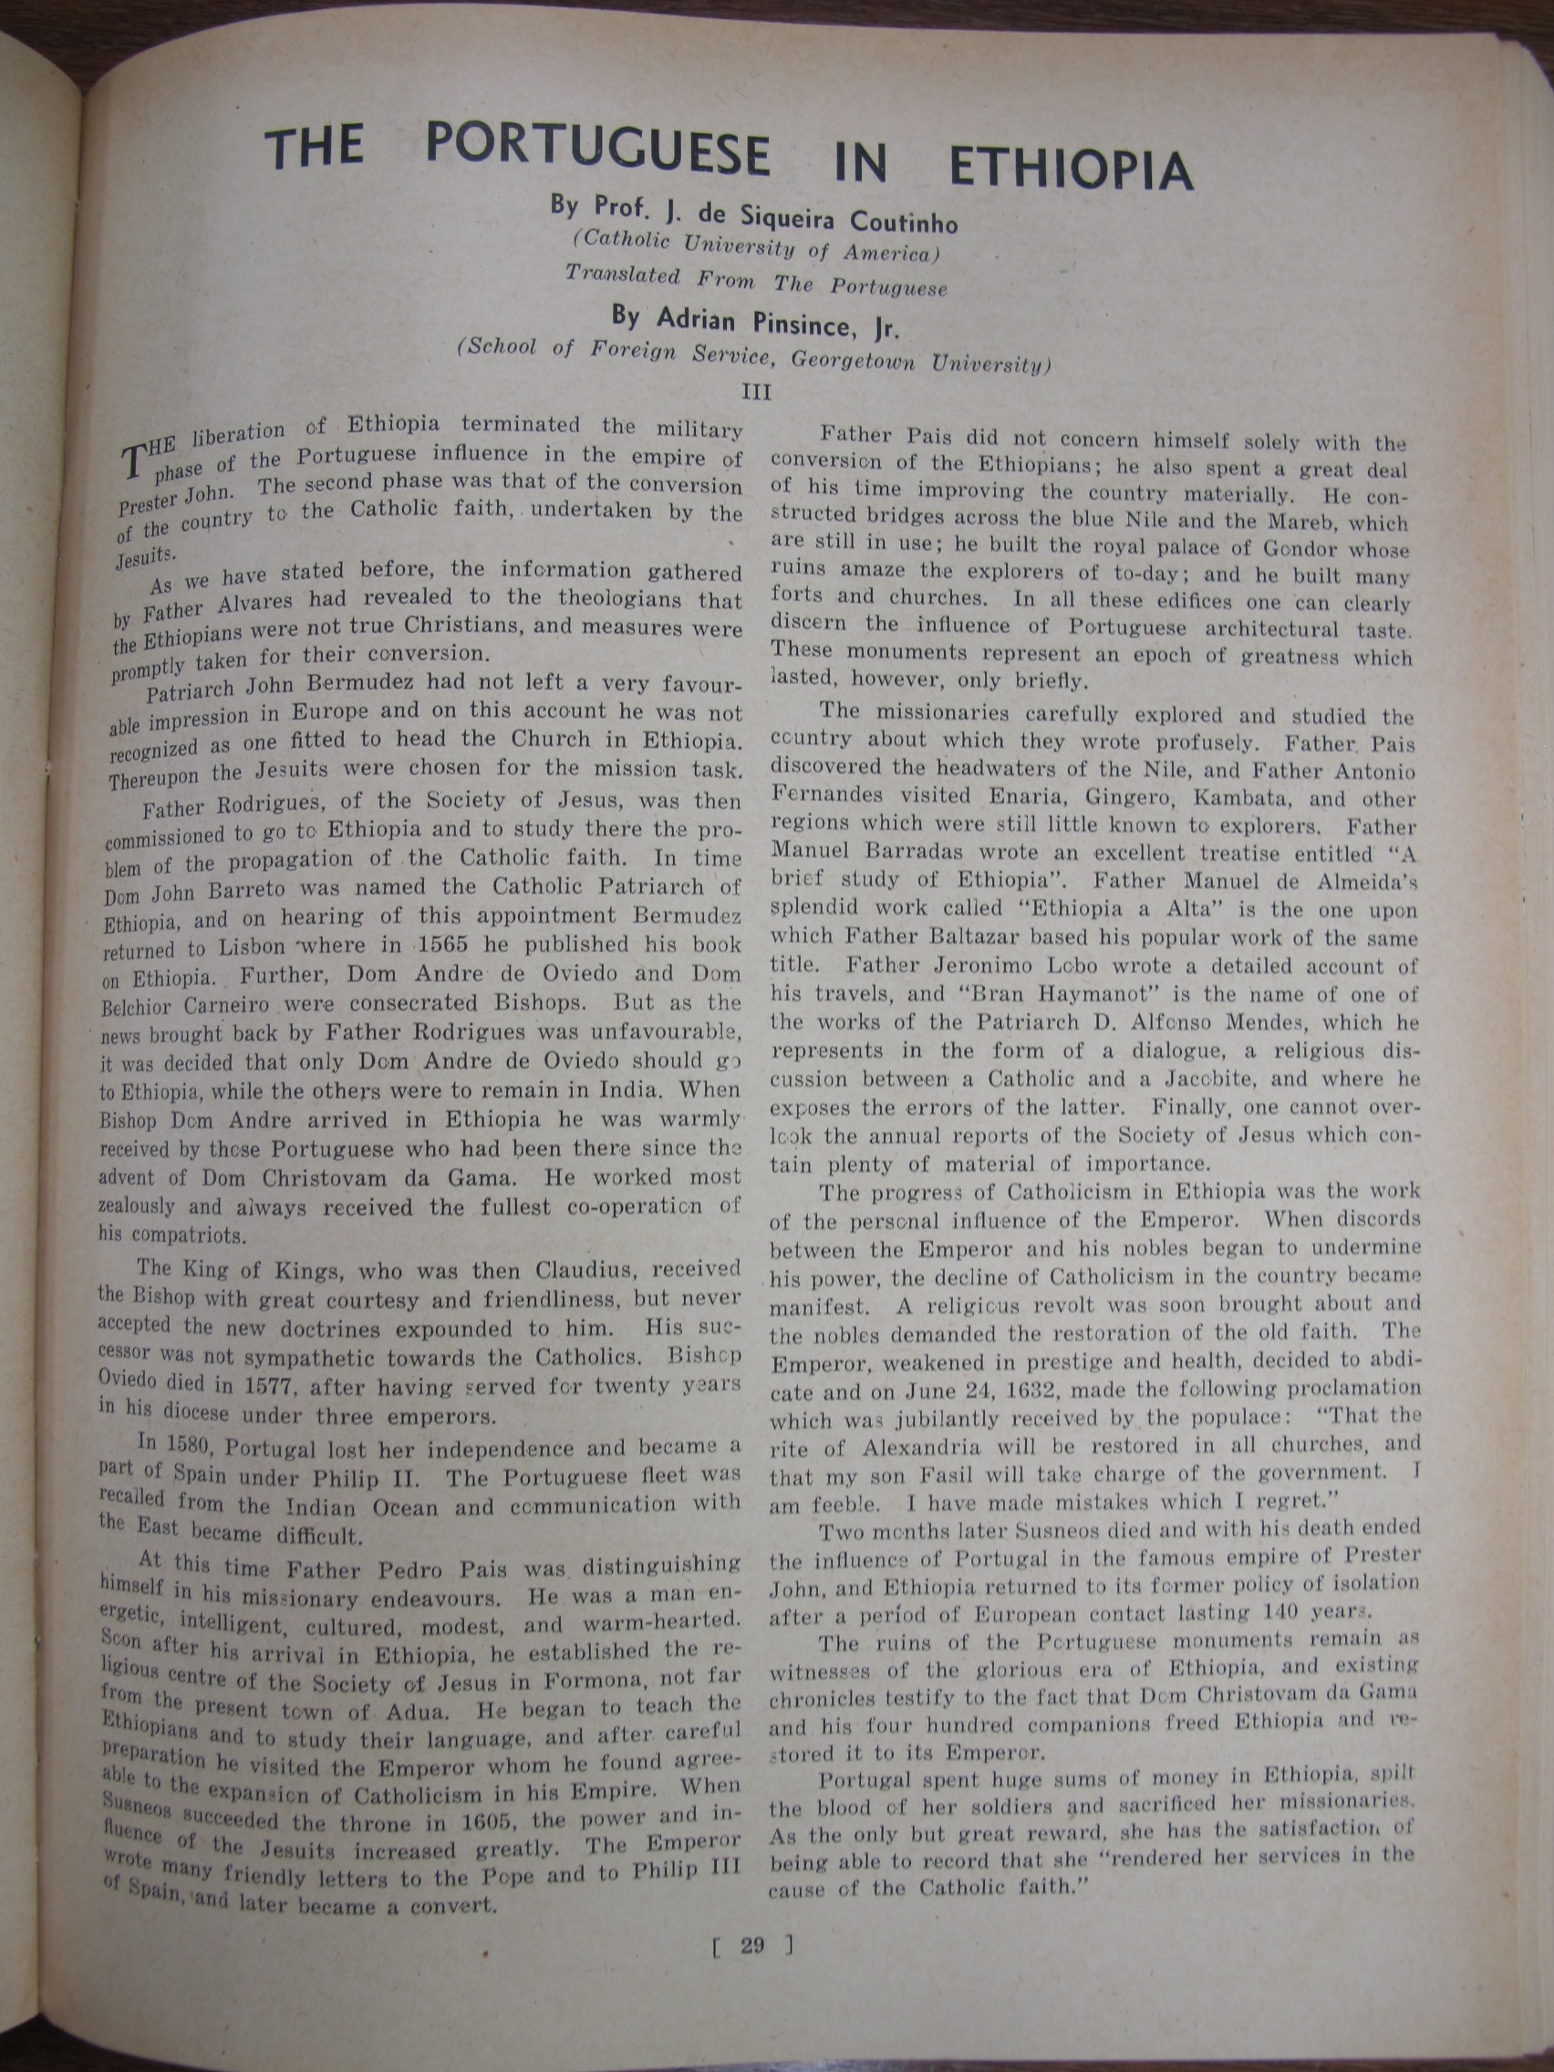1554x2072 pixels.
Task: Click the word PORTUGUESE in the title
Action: (x=597, y=150)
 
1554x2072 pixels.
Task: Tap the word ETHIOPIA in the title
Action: (x=1072, y=170)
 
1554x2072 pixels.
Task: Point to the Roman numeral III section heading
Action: (x=756, y=392)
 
